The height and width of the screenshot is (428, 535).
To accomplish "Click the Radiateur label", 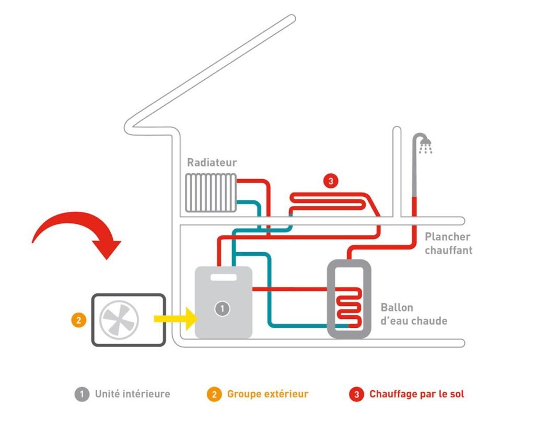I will point(212,163).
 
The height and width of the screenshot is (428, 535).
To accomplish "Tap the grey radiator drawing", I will point(211,193).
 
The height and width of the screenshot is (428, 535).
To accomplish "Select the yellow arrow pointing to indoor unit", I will point(175,318).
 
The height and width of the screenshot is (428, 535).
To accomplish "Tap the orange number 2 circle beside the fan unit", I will point(78,320).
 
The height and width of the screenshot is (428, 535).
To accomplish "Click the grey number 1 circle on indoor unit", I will point(222,308).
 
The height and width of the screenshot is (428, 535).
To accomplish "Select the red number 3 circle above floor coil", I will point(330,181).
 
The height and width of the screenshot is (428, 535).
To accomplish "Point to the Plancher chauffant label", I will point(448,243).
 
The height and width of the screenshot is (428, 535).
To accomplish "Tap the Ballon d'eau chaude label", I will point(414,314).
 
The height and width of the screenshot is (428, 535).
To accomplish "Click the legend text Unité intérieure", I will point(132,394).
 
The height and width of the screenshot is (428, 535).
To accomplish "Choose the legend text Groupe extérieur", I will point(267,394).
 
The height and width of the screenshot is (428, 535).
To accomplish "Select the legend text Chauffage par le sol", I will point(416,394).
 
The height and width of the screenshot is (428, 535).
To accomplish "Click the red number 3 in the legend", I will point(356,395).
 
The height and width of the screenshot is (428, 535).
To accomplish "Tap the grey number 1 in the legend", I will point(82,395).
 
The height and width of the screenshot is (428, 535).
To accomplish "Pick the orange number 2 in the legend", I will point(214,395).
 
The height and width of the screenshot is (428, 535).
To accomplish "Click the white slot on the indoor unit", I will point(223,278).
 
